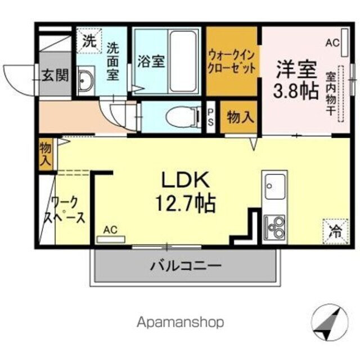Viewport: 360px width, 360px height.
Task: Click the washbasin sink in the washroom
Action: point(87,83)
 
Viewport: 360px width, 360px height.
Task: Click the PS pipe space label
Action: point(211,118)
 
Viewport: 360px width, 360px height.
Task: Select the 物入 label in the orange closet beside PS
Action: point(240,117)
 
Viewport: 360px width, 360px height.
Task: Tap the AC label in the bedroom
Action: point(332,42)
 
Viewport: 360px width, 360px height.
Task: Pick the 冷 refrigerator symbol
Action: point(335,229)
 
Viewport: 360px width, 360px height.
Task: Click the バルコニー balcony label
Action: point(185,265)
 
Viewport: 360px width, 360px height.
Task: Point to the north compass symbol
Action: point(328,323)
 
